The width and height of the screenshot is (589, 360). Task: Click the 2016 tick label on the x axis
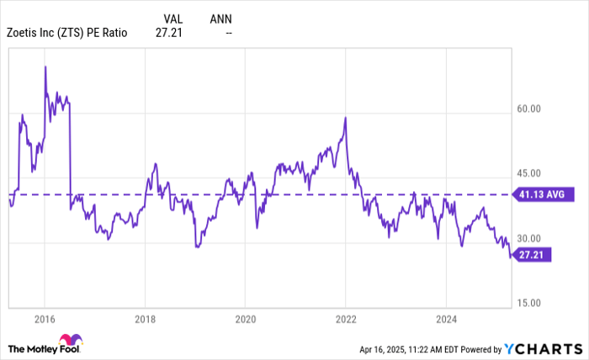click(45, 320)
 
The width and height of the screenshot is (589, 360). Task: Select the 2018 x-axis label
click(145, 320)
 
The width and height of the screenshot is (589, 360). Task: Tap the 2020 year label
click(245, 320)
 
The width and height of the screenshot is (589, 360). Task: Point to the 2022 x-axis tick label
click(345, 320)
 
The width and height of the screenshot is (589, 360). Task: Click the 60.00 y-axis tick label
click(528, 109)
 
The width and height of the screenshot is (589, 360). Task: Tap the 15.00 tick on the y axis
click(528, 303)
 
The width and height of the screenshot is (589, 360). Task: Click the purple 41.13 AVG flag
click(546, 194)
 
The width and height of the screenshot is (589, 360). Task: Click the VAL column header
click(172, 18)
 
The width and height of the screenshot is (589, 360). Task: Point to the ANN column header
click(220, 18)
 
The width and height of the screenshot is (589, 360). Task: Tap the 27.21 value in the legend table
click(168, 33)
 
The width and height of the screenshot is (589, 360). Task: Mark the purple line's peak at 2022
click(345, 118)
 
